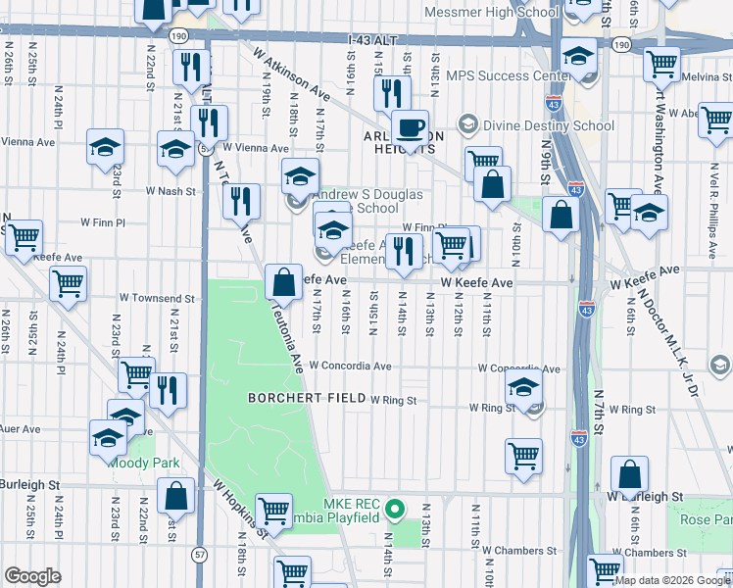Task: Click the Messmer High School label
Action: click(x=491, y=12)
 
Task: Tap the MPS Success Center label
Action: click(x=508, y=74)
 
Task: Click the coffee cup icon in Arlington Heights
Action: click(x=410, y=127)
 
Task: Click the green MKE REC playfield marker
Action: click(x=395, y=509)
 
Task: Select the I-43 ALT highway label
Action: click(x=376, y=40)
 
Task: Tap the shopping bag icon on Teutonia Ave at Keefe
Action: click(x=283, y=283)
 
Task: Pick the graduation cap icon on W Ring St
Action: click(x=524, y=390)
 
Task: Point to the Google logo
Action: click(x=32, y=576)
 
